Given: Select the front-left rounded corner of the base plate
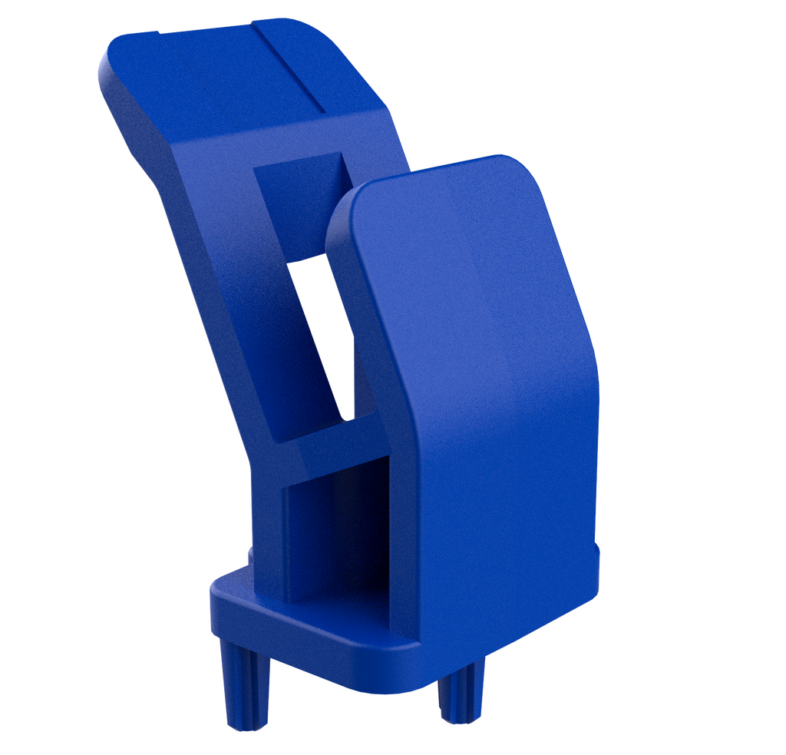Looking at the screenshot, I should tap(219, 595).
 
